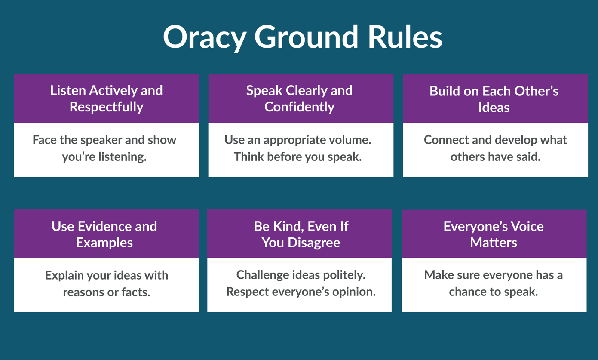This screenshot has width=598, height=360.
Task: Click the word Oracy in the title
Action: pyautogui.click(x=205, y=37)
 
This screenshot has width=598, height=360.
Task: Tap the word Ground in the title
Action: pyautogui.click(x=306, y=37)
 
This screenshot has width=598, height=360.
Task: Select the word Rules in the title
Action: pyautogui.click(x=405, y=37)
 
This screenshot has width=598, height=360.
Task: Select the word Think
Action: pyautogui.click(x=249, y=157)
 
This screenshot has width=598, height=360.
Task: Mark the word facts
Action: pyautogui.click(x=136, y=292)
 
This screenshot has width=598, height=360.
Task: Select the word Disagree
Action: pyautogui.click(x=314, y=243)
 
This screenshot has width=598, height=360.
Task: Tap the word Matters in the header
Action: pyautogui.click(x=494, y=243)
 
